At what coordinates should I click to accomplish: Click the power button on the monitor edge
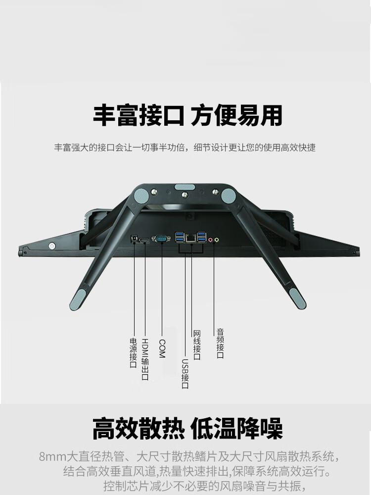(x=52, y=246)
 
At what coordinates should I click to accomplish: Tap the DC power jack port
(x=135, y=239)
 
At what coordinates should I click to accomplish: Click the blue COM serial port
(x=161, y=239)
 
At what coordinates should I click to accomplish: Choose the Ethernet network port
(x=190, y=238)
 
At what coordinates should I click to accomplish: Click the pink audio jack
(x=210, y=240)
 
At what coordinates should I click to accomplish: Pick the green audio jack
(x=217, y=240)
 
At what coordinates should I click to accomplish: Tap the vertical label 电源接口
(x=134, y=352)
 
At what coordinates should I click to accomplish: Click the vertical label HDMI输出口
(x=145, y=359)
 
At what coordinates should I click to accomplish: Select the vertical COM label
(x=162, y=348)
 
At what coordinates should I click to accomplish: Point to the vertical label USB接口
(x=185, y=374)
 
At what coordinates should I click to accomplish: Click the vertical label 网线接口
(x=197, y=345)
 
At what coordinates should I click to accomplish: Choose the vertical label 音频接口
(x=220, y=344)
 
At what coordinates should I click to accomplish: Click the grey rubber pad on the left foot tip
(x=78, y=299)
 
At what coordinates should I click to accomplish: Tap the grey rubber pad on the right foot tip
(x=298, y=298)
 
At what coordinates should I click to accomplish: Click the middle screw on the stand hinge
(x=185, y=195)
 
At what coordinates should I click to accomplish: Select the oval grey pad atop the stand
(x=185, y=187)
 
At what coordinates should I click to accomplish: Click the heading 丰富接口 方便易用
(x=187, y=115)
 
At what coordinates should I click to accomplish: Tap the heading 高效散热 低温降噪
(x=187, y=428)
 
